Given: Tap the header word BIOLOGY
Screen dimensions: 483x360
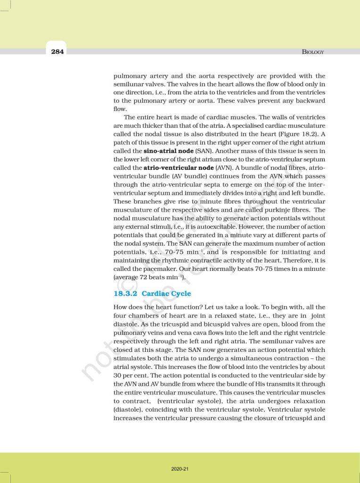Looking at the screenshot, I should (313, 52).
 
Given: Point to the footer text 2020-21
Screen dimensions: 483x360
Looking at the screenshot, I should (180, 469).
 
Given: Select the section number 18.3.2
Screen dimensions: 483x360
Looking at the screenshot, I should (125, 293).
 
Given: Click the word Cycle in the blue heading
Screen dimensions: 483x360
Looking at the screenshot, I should (180, 293).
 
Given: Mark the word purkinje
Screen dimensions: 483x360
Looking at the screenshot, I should (275, 209).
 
